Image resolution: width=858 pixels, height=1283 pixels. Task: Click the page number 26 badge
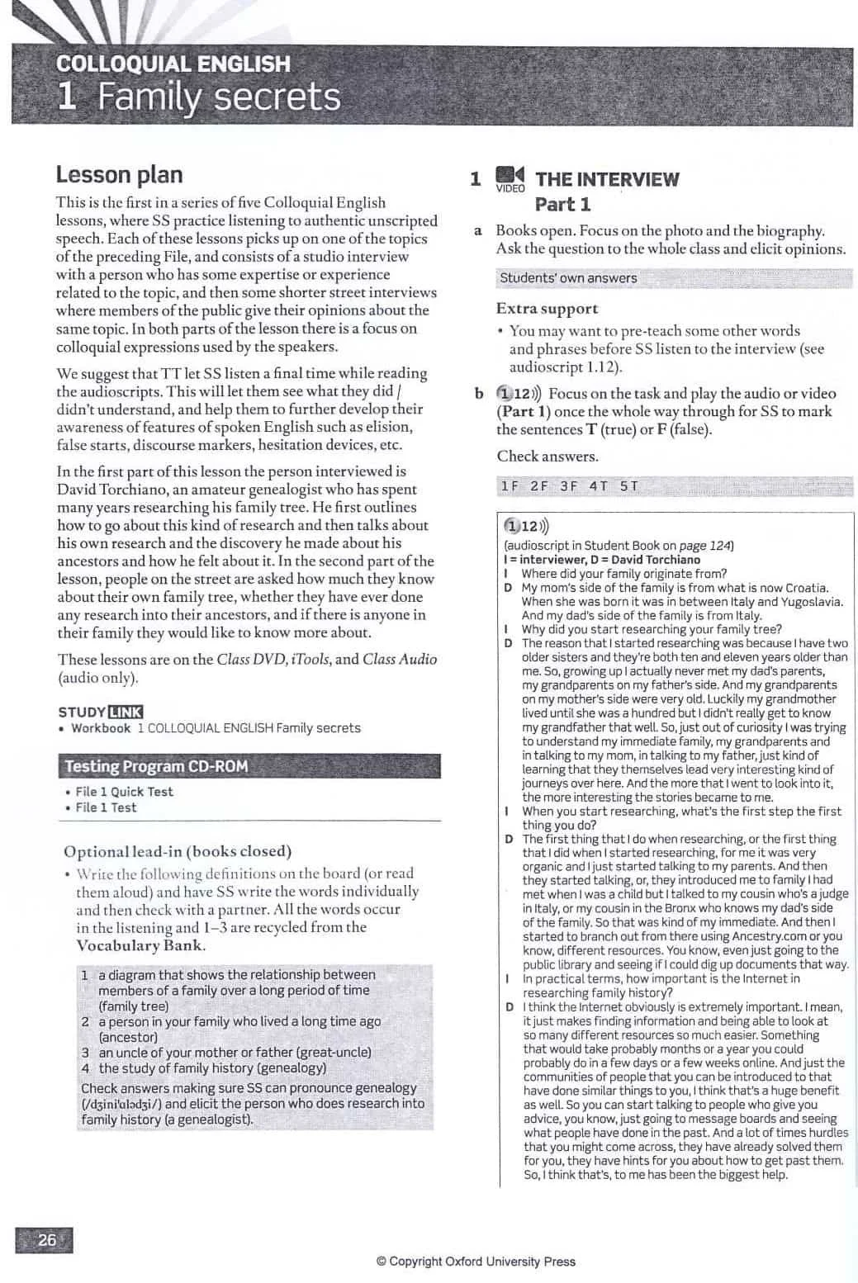(x=45, y=1239)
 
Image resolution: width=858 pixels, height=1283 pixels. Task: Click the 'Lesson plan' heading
(x=119, y=175)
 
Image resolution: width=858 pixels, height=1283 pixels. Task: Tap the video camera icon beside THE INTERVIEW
(x=510, y=176)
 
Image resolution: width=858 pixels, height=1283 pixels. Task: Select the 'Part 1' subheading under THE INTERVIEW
(x=562, y=204)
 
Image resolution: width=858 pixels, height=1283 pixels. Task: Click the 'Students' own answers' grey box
(x=568, y=278)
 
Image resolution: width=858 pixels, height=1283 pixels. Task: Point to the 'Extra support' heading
(x=547, y=309)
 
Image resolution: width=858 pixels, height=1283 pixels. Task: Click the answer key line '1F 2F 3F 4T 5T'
(x=569, y=486)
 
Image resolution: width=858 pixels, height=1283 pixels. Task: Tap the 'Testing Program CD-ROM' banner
(x=156, y=766)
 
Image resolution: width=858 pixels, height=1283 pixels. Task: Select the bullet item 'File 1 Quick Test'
(x=124, y=792)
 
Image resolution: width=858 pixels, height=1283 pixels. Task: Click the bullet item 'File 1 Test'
(x=106, y=807)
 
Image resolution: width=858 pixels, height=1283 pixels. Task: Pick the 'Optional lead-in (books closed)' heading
(x=178, y=851)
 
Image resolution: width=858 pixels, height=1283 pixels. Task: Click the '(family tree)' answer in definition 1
(x=133, y=1006)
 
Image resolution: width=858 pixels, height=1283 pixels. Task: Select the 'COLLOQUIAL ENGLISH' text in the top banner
(x=173, y=64)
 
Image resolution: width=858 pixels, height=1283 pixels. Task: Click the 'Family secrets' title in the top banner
(x=219, y=97)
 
